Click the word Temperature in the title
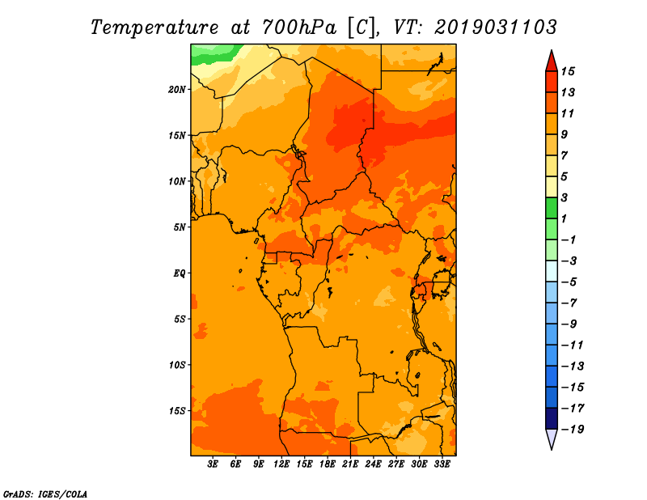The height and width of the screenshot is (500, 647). pyautogui.click(x=154, y=28)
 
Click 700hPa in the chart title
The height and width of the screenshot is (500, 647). pyautogui.click(x=299, y=28)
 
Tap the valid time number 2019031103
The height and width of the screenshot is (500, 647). pyautogui.click(x=496, y=28)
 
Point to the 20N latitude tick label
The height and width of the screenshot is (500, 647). pyautogui.click(x=177, y=89)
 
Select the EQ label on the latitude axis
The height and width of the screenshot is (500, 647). pyautogui.click(x=179, y=273)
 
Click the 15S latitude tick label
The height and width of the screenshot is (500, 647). pyautogui.click(x=177, y=411)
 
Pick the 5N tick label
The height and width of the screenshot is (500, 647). pyautogui.click(x=180, y=227)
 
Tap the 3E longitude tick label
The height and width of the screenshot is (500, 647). pyautogui.click(x=213, y=464)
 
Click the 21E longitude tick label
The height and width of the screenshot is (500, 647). pyautogui.click(x=350, y=464)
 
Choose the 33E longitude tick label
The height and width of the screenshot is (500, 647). pyautogui.click(x=442, y=464)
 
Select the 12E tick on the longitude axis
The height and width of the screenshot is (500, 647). pyautogui.click(x=281, y=464)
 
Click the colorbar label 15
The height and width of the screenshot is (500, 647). pyautogui.click(x=568, y=71)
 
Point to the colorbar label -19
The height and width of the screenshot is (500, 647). pyautogui.click(x=573, y=430)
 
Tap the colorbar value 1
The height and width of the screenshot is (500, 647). pyautogui.click(x=564, y=218)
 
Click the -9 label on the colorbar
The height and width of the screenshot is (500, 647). pyautogui.click(x=569, y=324)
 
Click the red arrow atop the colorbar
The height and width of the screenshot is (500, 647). pyautogui.click(x=552, y=61)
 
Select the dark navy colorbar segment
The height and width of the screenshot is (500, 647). pyautogui.click(x=552, y=418)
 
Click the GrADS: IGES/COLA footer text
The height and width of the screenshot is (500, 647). pyautogui.click(x=45, y=494)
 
